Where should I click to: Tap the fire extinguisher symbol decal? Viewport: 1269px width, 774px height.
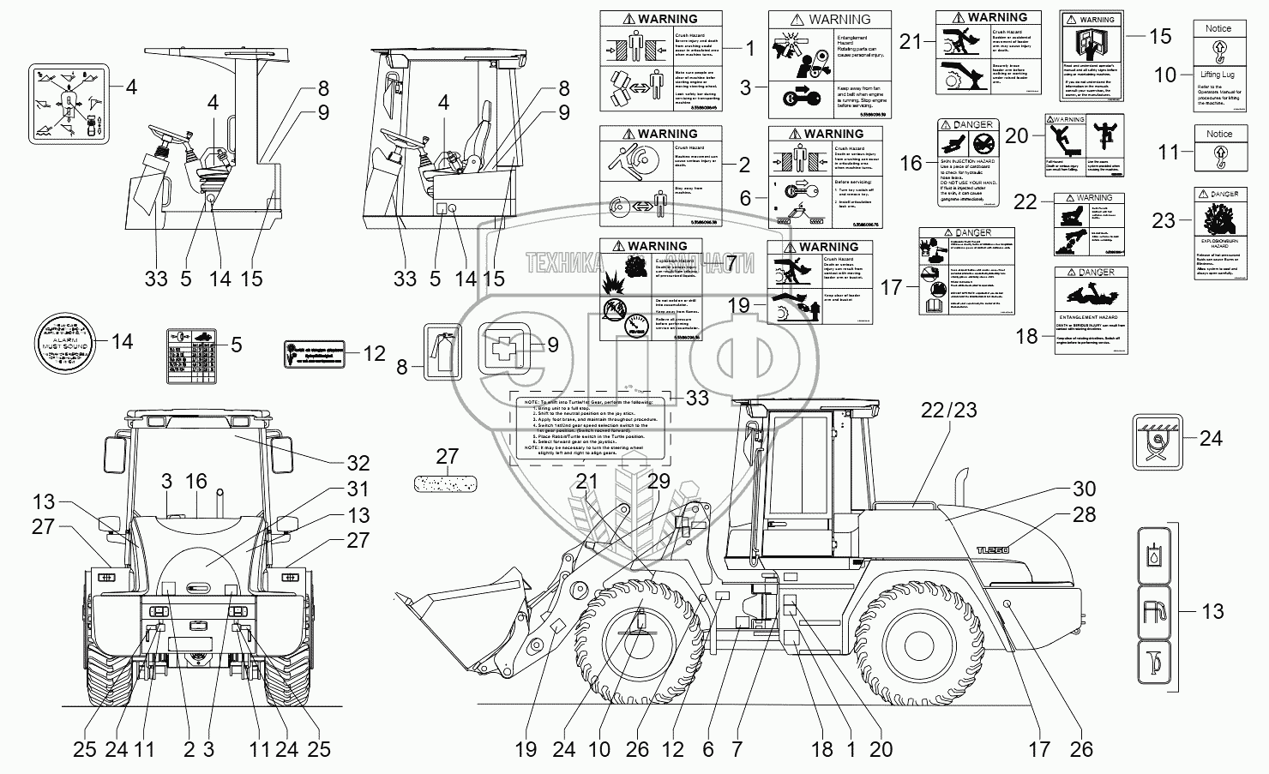tap(442, 351)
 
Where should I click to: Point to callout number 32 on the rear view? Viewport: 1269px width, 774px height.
tap(358, 463)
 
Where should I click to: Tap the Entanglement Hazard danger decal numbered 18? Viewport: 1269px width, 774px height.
tap(1091, 309)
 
